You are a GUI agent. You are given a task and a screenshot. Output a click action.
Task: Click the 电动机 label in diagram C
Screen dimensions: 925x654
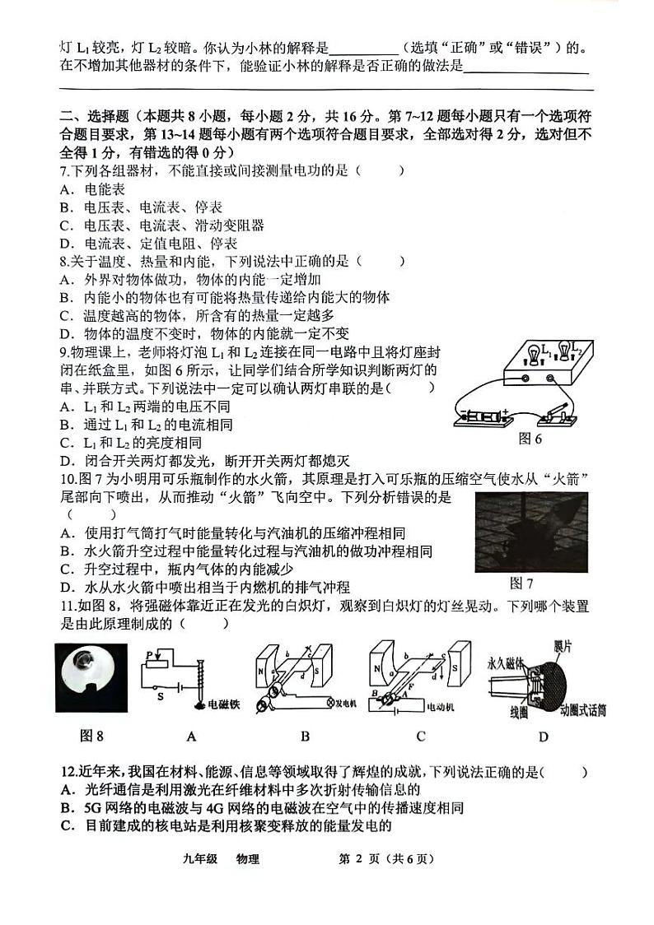(437, 706)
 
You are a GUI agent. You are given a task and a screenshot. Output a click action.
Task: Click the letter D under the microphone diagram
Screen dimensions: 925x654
(543, 736)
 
